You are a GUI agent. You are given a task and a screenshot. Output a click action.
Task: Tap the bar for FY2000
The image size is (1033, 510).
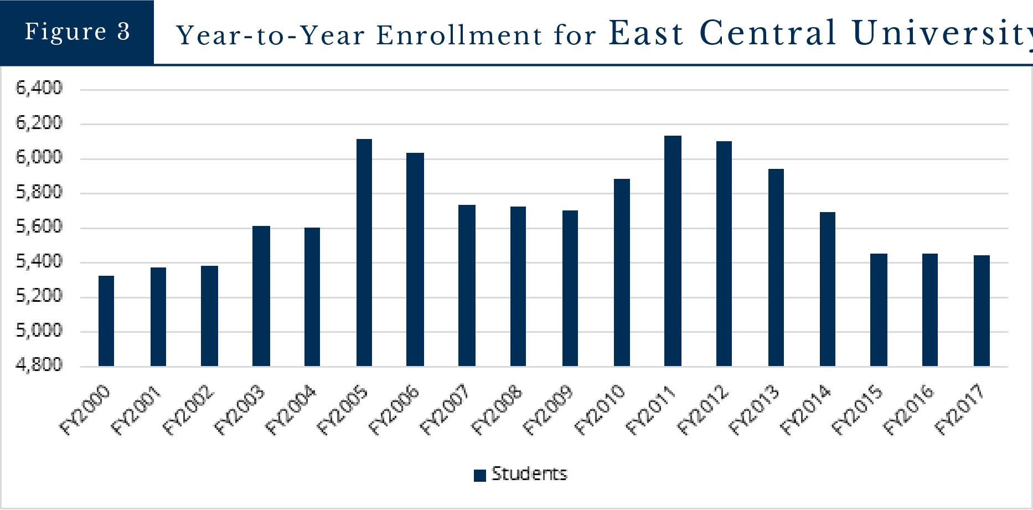coord(106,321)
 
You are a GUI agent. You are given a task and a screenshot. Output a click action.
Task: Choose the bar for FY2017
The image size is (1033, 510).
coord(982,311)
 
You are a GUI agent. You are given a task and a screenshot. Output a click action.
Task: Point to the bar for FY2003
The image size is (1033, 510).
coord(261,296)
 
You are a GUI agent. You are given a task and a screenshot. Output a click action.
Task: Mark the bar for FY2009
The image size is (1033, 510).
coord(570,289)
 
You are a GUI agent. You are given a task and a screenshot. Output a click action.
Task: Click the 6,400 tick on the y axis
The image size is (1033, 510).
coord(39,88)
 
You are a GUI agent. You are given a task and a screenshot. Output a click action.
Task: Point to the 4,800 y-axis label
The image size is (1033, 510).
coord(39,365)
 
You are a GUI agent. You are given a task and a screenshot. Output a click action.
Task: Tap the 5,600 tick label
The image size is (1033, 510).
coord(39,227)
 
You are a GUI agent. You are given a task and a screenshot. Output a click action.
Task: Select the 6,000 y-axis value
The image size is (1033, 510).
coord(39,158)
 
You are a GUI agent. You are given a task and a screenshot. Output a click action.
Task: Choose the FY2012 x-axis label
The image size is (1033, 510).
coord(703,410)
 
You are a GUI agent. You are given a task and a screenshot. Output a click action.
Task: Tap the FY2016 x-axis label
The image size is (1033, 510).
coord(908,410)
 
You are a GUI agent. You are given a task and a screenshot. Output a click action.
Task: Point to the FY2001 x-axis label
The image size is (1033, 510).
coord(136,410)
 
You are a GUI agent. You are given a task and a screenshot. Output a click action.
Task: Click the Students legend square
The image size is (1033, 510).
coord(480,475)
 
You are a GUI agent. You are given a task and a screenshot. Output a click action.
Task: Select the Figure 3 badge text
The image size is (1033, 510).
coord(77,32)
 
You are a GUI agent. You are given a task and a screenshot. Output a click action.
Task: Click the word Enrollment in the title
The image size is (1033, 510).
coord(459,36)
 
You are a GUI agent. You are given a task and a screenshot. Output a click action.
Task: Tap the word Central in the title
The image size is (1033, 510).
coord(768,33)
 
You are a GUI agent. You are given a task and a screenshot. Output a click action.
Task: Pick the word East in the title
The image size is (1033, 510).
coord(647,33)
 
